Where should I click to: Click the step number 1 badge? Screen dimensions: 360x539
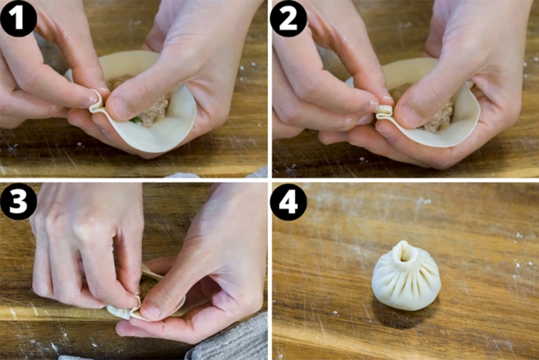[17, 18]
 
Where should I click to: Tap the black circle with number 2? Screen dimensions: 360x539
[288, 18]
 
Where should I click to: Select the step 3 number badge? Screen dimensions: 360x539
[17, 202]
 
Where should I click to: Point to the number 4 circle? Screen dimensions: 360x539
[288, 202]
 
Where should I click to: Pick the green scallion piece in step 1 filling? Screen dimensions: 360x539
[136, 120]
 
